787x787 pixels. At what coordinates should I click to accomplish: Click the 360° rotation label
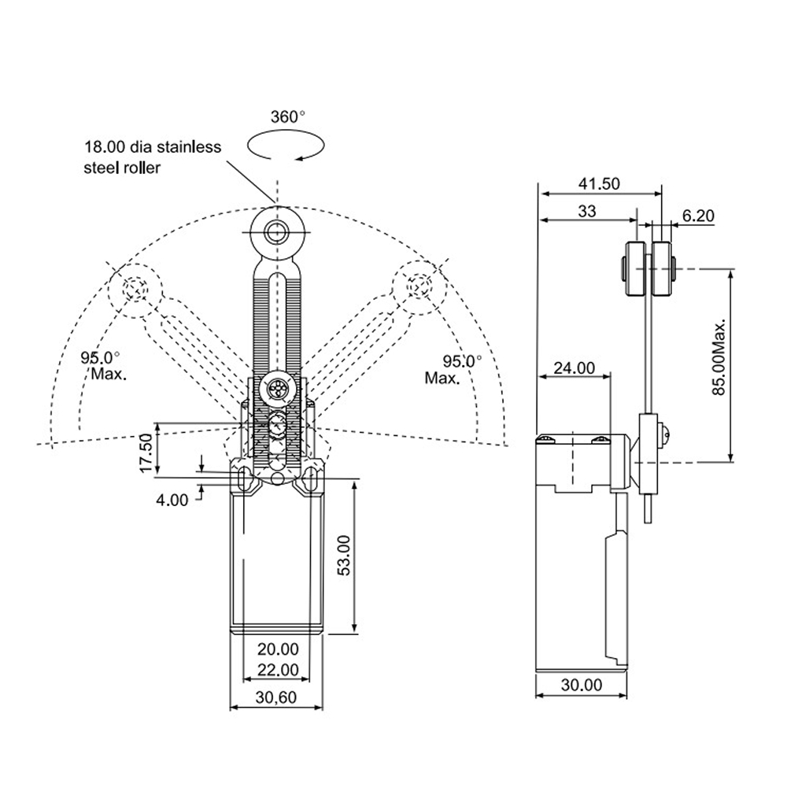tap(287, 117)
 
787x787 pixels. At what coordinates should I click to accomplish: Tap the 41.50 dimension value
tap(599, 183)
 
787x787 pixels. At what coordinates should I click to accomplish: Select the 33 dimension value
tap(587, 211)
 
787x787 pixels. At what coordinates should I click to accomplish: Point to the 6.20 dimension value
tap(698, 216)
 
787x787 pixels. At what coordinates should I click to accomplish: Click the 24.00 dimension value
tap(575, 368)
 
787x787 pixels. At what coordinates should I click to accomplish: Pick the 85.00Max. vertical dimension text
tap(719, 357)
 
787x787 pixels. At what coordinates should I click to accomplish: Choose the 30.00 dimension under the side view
tap(582, 685)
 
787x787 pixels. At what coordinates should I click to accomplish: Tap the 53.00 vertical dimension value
tap(344, 555)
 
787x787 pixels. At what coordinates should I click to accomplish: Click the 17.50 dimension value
tap(146, 453)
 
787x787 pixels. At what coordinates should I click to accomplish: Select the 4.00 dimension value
tap(172, 500)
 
